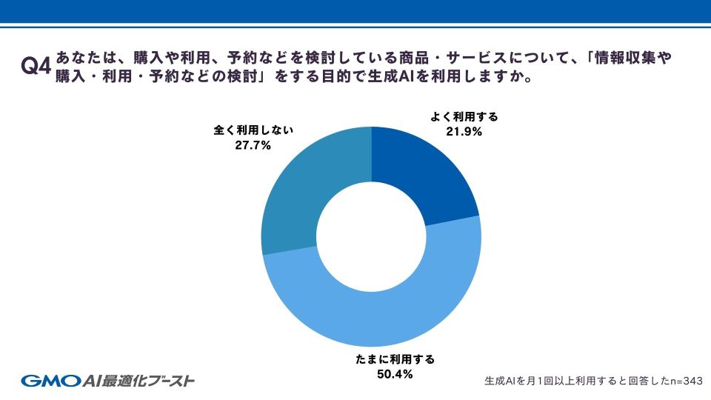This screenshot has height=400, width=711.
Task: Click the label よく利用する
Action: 465,117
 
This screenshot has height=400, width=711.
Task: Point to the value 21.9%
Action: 465,132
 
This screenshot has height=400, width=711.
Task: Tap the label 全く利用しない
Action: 254,130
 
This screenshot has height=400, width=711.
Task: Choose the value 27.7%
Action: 254,145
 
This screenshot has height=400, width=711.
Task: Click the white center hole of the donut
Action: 371,236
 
